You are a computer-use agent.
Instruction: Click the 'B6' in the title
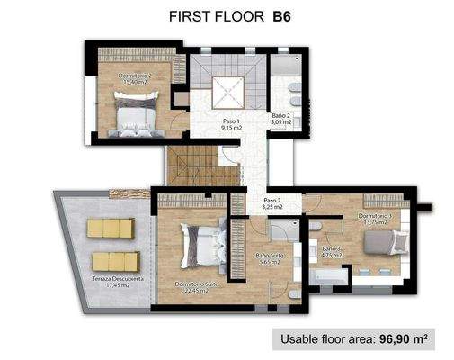pyautogui.click(x=282, y=15)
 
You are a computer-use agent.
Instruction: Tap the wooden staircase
pyautogui.click(x=191, y=166)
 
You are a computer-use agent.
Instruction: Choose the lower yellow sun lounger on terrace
pyautogui.click(x=115, y=262)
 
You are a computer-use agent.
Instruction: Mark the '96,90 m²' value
pyautogui.click(x=409, y=340)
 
